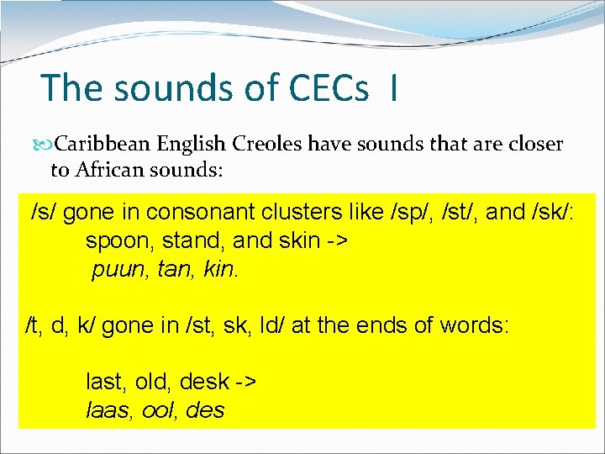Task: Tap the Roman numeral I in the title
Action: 393,88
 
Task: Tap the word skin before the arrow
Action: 295,241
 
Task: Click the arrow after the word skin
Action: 336,241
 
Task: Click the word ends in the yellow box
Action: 378,325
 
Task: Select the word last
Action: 105,381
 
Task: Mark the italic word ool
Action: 158,410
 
